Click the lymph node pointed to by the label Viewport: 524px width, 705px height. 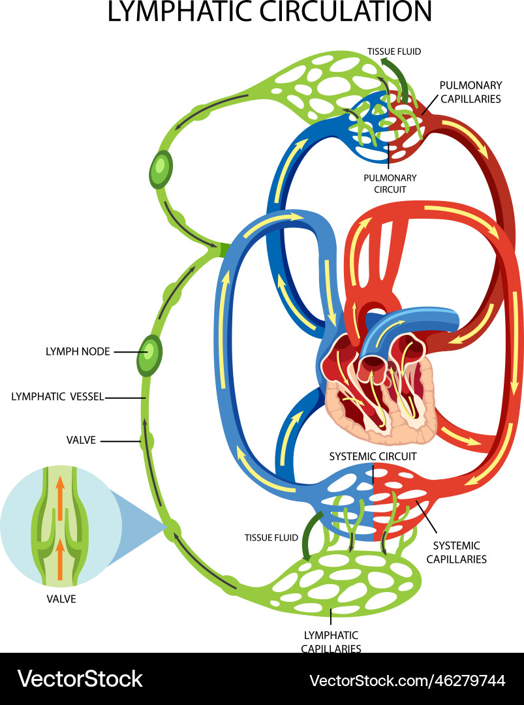click(x=149, y=354)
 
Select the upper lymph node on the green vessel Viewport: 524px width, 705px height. click(x=160, y=170)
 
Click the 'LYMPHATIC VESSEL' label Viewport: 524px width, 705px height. click(x=58, y=396)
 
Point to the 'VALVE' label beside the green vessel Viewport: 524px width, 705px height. click(x=81, y=440)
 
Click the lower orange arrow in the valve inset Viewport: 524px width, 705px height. click(x=60, y=558)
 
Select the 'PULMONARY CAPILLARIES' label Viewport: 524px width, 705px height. click(x=470, y=92)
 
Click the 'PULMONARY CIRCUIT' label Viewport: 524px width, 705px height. click(x=390, y=183)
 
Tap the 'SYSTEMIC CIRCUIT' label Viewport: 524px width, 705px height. click(x=373, y=456)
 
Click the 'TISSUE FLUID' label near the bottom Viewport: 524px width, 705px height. click(x=271, y=538)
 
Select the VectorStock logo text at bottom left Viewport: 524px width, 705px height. click(x=80, y=679)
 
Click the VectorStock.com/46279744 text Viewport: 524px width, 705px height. click(x=407, y=681)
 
